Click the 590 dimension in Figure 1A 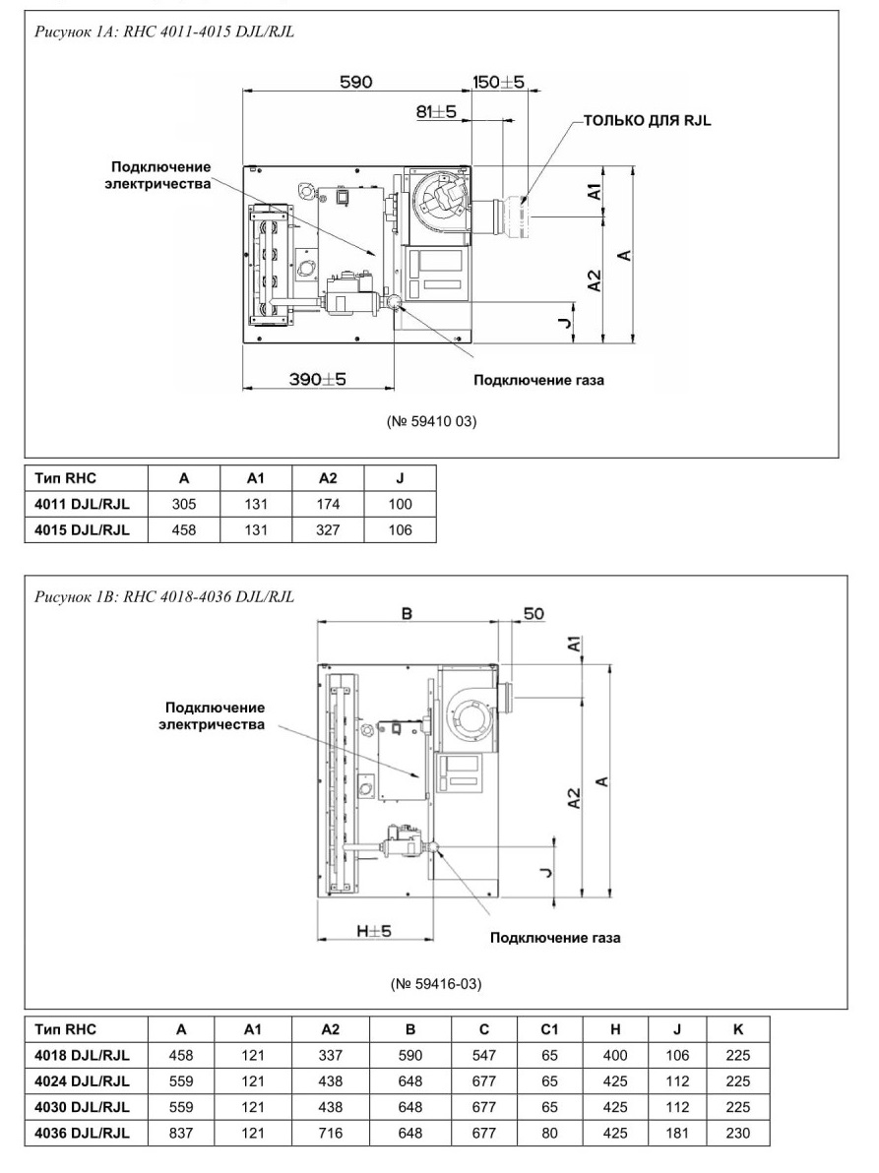pyautogui.click(x=356, y=82)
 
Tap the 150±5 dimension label pyautogui.click(x=499, y=82)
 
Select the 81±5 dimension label pyautogui.click(x=436, y=111)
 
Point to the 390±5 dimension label pyautogui.click(x=318, y=379)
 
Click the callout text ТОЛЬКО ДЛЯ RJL pyautogui.click(x=647, y=120)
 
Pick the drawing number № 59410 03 pyautogui.click(x=432, y=421)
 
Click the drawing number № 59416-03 pyautogui.click(x=436, y=983)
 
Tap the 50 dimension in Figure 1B pyautogui.click(x=534, y=614)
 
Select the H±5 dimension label pyautogui.click(x=374, y=931)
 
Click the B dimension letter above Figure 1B pyautogui.click(x=407, y=613)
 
